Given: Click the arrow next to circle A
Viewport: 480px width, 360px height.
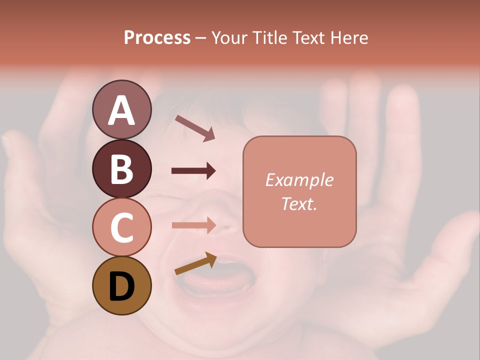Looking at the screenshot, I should pyautogui.click(x=195, y=128).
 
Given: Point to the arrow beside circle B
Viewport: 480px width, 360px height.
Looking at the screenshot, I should pyautogui.click(x=193, y=171).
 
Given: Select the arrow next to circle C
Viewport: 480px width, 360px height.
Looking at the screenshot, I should pyautogui.click(x=193, y=225).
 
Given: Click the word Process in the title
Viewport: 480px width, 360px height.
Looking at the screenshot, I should pyautogui.click(x=157, y=38).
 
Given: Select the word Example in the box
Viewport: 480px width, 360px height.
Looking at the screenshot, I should pyautogui.click(x=299, y=180).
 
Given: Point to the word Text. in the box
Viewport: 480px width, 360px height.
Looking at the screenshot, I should pyautogui.click(x=299, y=203).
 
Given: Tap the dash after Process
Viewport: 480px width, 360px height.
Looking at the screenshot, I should pyautogui.click(x=201, y=38).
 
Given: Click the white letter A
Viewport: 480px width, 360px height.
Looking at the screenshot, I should pyautogui.click(x=121, y=110).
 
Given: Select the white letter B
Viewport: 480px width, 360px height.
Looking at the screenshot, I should pyautogui.click(x=121, y=169).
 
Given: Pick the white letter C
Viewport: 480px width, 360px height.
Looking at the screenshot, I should pyautogui.click(x=121, y=228).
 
